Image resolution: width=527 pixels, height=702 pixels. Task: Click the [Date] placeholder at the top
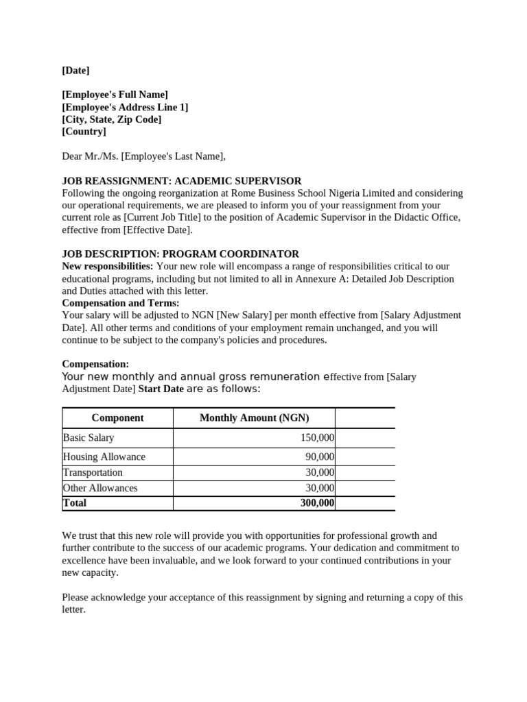[x=75, y=70]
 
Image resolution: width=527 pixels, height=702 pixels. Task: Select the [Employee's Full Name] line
[x=115, y=95]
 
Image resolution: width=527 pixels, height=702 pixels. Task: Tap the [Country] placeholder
[x=84, y=132]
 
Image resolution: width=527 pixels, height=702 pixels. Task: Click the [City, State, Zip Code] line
[x=111, y=119]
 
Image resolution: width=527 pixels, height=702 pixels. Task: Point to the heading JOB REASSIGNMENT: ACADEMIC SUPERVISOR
[x=181, y=181]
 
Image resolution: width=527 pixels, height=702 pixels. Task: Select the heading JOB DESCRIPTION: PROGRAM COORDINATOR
[x=180, y=254]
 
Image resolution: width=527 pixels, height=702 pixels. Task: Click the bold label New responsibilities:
[x=108, y=267]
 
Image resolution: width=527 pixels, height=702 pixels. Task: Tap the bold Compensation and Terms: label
[x=121, y=303]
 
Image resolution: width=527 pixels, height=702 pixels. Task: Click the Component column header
[x=117, y=418]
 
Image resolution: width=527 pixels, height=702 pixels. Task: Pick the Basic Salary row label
[x=89, y=437]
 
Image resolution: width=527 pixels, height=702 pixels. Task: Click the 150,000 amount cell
[x=317, y=437]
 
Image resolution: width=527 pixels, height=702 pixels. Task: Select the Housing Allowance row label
[x=104, y=457]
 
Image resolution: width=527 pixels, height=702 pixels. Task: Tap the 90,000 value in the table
[x=320, y=457]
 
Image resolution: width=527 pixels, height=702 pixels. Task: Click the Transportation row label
[x=93, y=472]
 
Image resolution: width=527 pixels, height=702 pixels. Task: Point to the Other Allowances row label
[x=100, y=488]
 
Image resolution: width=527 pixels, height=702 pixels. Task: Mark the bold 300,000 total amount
[x=317, y=503]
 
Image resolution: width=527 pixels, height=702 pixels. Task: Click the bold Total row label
[x=75, y=503]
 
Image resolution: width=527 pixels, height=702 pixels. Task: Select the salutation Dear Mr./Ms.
[x=91, y=156]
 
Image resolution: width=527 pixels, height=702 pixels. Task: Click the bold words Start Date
[x=161, y=389]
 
